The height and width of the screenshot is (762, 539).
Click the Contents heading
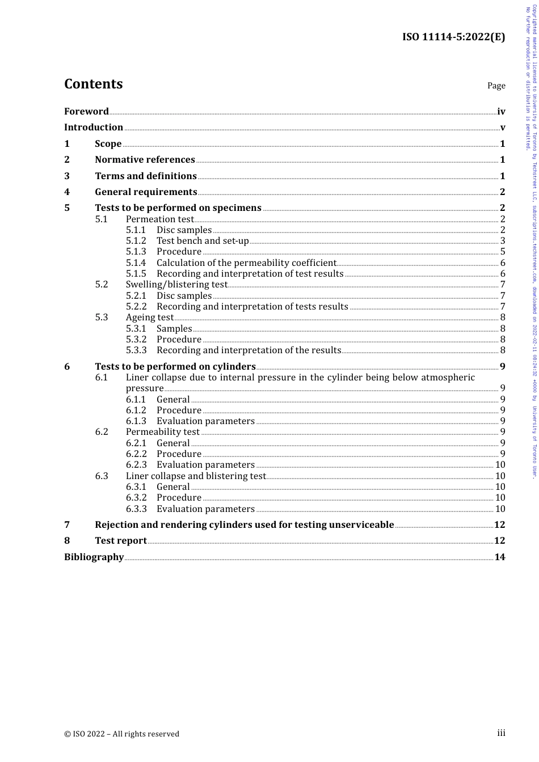[93, 84]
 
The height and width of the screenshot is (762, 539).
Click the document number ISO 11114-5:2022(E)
[453, 37]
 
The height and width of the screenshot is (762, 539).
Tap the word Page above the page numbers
[496, 86]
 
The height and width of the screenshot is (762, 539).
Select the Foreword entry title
[86, 112]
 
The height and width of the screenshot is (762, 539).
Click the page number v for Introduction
[502, 128]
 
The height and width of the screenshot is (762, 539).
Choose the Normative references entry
[145, 160]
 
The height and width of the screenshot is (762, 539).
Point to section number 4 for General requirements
[67, 192]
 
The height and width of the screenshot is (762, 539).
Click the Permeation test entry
[159, 219]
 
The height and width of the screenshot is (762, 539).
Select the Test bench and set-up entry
[203, 241]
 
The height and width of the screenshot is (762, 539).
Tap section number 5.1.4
[136, 263]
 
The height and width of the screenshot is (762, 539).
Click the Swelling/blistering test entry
[176, 285]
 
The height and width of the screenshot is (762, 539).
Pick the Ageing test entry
[149, 317]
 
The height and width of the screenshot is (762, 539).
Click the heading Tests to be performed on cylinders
[175, 367]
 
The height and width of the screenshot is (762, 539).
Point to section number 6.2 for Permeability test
[102, 432]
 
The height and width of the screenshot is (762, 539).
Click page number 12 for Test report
[499, 541]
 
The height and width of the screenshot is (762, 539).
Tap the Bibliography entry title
[94, 557]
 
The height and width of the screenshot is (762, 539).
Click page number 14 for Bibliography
[499, 557]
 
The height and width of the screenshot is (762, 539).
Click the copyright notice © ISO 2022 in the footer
[121, 734]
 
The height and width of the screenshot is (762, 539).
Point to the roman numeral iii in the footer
[501, 733]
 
